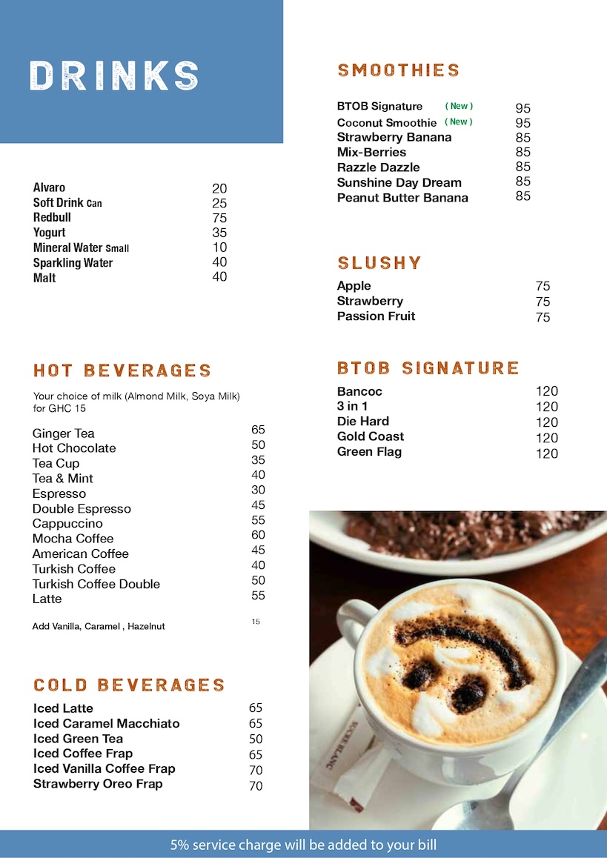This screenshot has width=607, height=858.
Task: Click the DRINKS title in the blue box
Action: point(115,76)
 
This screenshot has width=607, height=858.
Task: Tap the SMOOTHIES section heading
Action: point(399,70)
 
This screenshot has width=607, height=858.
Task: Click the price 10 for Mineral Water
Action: point(219,247)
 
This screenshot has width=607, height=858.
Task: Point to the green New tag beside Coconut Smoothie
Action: point(459,122)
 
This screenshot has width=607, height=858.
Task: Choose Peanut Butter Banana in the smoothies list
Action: point(402,198)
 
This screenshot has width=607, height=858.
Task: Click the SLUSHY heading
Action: point(379,263)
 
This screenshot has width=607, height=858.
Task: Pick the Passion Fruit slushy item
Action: point(376,316)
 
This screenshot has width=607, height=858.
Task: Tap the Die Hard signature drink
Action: point(362,422)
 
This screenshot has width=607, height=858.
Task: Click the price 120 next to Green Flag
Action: point(547,453)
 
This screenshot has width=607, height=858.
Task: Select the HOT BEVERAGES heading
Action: point(122,370)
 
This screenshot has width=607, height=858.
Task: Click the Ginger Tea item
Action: point(64,433)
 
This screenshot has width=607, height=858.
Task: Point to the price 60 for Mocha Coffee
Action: point(258,535)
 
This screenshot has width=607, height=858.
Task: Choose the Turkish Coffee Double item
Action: point(96,584)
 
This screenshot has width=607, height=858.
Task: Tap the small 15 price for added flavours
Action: point(256,622)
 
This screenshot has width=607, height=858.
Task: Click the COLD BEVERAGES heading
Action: point(129,685)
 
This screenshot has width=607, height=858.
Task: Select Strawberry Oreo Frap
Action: point(98,784)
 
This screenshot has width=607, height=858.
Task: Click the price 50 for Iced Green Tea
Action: point(256,739)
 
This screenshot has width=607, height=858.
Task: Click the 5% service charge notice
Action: point(303,845)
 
